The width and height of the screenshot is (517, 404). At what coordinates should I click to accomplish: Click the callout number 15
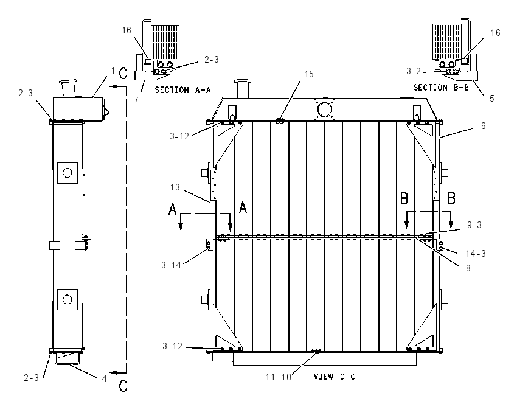[x=309, y=74]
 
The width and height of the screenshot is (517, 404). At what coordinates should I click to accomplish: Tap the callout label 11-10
[x=279, y=377]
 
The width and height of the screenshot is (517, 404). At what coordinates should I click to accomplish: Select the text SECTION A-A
[x=182, y=89]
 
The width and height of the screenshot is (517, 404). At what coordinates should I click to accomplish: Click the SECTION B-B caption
[x=441, y=88]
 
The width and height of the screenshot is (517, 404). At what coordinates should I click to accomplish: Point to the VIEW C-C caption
[x=335, y=377]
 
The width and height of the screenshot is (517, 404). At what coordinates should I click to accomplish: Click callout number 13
[x=175, y=187]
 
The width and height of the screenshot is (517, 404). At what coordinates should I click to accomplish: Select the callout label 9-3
[x=474, y=225]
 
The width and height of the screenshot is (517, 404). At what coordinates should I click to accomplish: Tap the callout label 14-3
[x=476, y=253]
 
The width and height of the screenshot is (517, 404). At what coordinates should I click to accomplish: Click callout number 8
[x=468, y=268]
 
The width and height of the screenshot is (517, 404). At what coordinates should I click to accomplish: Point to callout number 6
[x=484, y=126]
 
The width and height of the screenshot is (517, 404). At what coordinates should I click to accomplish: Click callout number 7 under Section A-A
[x=136, y=100]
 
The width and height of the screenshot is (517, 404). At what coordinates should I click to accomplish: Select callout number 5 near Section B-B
[x=492, y=99]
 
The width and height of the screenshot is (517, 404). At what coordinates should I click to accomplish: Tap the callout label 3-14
[x=171, y=265]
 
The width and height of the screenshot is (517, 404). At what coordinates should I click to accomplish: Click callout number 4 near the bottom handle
[x=104, y=379]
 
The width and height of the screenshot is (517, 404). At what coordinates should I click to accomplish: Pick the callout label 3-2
[x=414, y=71]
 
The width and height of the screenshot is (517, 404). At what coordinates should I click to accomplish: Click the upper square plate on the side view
[x=68, y=173]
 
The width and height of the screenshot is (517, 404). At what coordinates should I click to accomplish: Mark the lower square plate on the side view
[x=68, y=299]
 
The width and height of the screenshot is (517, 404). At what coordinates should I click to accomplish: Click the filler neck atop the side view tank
[x=68, y=88]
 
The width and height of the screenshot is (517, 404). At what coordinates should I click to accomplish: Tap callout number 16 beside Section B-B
[x=495, y=32]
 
